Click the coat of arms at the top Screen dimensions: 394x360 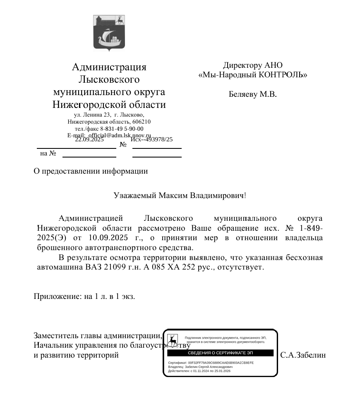point(109,33)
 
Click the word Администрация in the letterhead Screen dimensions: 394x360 point(109,67)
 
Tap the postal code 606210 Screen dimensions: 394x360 point(141,122)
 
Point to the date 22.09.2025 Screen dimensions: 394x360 point(89,140)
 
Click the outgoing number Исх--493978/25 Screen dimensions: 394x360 point(152,140)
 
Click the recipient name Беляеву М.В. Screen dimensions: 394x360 point(252,94)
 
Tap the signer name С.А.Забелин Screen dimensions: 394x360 point(303,355)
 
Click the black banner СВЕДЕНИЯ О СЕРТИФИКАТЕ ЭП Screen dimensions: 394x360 point(220,353)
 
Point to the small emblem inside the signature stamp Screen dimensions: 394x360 point(173,340)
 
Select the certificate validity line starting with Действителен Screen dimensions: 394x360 point(199,371)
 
